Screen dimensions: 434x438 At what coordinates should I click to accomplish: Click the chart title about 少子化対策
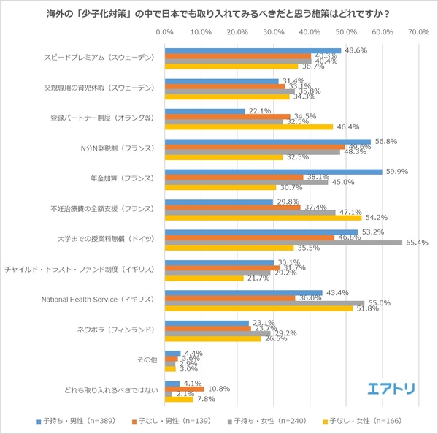click(x=218, y=13)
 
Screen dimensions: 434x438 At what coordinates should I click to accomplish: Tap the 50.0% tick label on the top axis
click(x=345, y=32)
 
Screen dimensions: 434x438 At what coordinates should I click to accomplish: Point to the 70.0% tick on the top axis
click(x=418, y=32)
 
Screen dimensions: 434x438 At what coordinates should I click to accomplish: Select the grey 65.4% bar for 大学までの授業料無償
click(x=283, y=243)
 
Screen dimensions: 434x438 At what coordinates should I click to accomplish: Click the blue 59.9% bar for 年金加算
click(x=273, y=172)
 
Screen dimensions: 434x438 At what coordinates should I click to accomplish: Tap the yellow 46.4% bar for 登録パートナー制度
click(x=248, y=126)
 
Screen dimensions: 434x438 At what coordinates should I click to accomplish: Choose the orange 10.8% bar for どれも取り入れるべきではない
click(x=184, y=389)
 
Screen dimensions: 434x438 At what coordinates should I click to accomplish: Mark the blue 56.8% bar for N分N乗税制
click(x=267, y=142)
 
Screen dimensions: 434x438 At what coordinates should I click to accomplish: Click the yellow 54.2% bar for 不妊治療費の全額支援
click(x=263, y=218)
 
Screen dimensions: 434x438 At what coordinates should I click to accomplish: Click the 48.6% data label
click(x=356, y=50)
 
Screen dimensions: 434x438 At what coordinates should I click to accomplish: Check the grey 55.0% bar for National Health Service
click(x=264, y=302)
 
